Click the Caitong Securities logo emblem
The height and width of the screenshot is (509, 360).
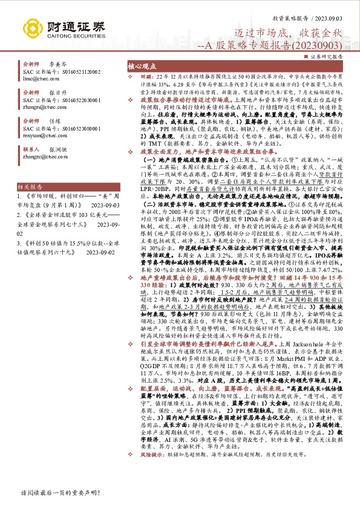click(x=33, y=28)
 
